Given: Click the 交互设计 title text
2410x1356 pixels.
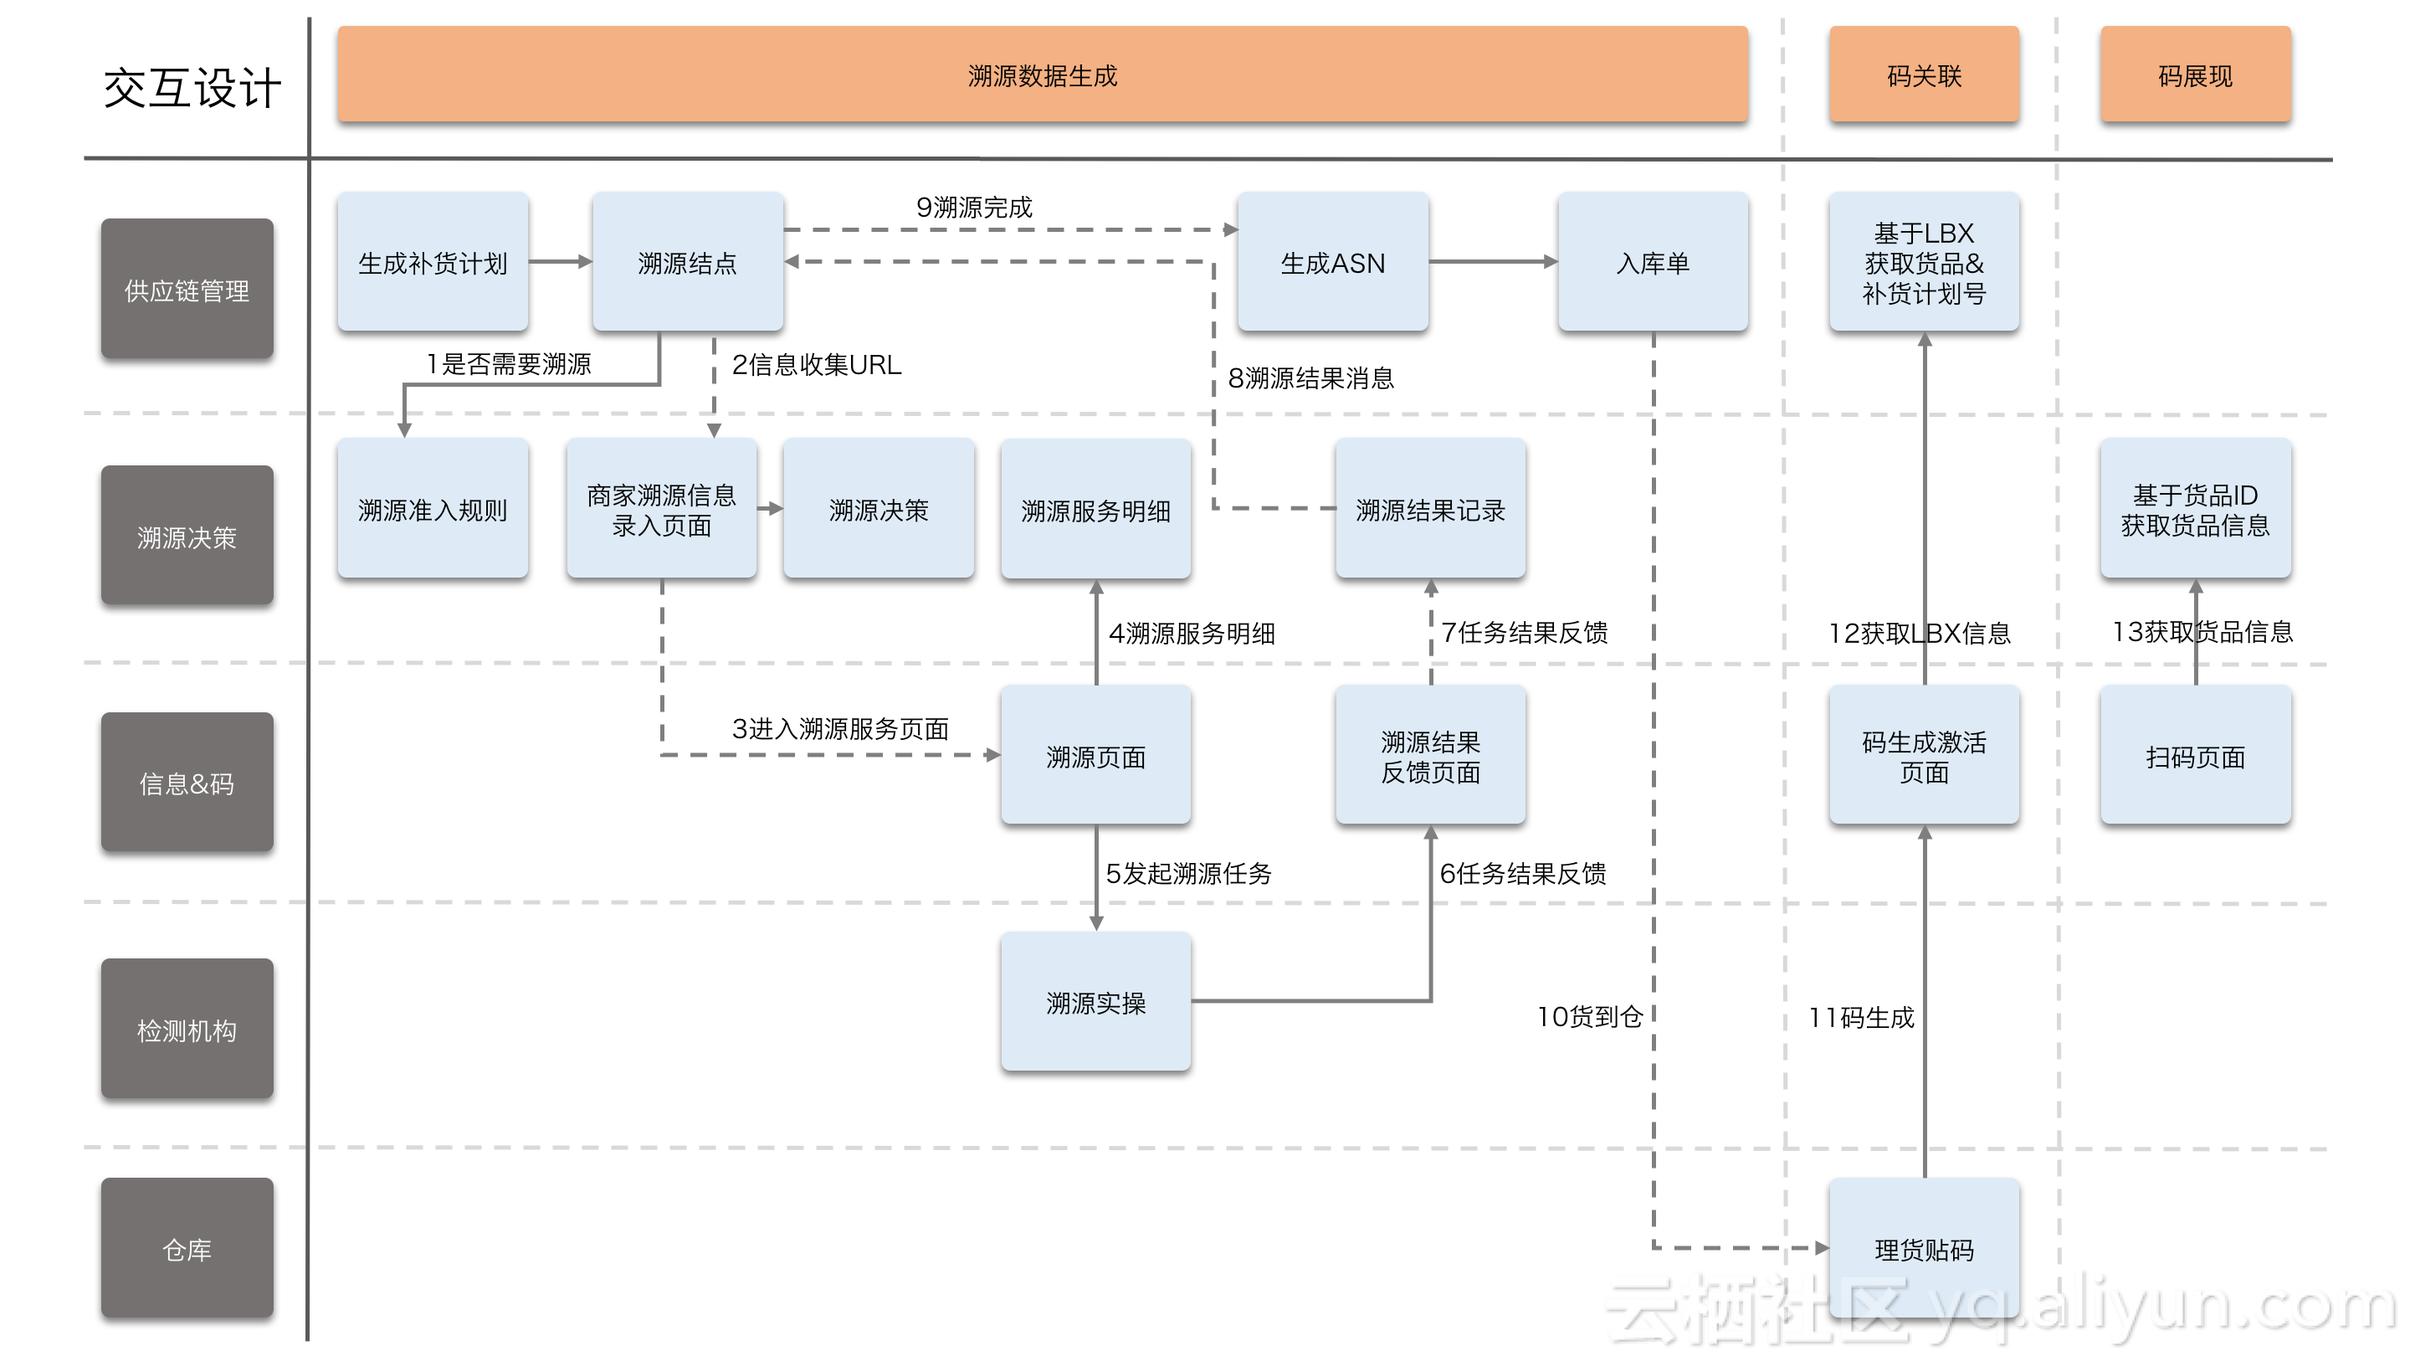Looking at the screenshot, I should [192, 89].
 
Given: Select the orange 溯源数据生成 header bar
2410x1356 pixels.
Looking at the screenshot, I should [1041, 74].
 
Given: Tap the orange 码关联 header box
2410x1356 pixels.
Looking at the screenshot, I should [1924, 74].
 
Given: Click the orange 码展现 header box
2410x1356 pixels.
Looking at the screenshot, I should [2195, 74].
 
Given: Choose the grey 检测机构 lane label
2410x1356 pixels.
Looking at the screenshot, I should [187, 1029].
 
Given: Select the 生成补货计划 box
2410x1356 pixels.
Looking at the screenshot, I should [433, 262].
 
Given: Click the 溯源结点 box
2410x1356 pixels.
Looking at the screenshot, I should [688, 262].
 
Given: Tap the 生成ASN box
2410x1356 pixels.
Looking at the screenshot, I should [1332, 262].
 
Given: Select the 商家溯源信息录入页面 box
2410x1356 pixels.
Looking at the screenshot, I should [661, 509].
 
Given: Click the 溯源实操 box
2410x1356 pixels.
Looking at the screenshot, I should [1095, 1001].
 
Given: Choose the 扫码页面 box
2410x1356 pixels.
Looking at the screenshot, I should [2195, 755].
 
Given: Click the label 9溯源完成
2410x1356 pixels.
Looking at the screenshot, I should [974, 207].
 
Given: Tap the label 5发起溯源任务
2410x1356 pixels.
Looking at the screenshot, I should [1188, 873].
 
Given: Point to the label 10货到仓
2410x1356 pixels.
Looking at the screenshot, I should [1590, 1016].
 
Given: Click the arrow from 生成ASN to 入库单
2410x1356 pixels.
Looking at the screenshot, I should [1492, 262].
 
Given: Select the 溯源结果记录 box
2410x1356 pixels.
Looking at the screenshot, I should [1430, 509].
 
